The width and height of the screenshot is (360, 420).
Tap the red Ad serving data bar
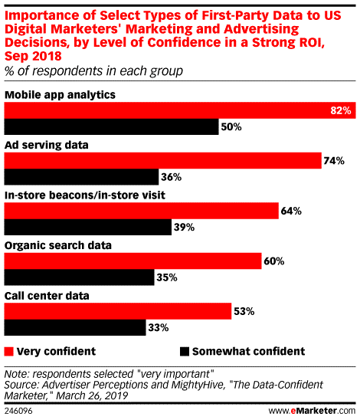tap(162, 160)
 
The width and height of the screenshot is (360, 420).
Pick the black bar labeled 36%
tap(82, 176)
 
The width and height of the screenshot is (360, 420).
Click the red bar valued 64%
tap(142, 210)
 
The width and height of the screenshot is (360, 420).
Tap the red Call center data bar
tap(118, 310)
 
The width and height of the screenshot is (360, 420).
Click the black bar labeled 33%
tap(76, 326)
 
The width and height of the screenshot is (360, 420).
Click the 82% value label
tap(341, 110)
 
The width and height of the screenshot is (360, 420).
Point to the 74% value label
tap(335, 161)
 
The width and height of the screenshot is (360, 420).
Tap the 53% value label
tap(245, 311)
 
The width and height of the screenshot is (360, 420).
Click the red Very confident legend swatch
tap(9, 352)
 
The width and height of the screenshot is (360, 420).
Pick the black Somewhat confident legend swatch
tap(185, 352)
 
